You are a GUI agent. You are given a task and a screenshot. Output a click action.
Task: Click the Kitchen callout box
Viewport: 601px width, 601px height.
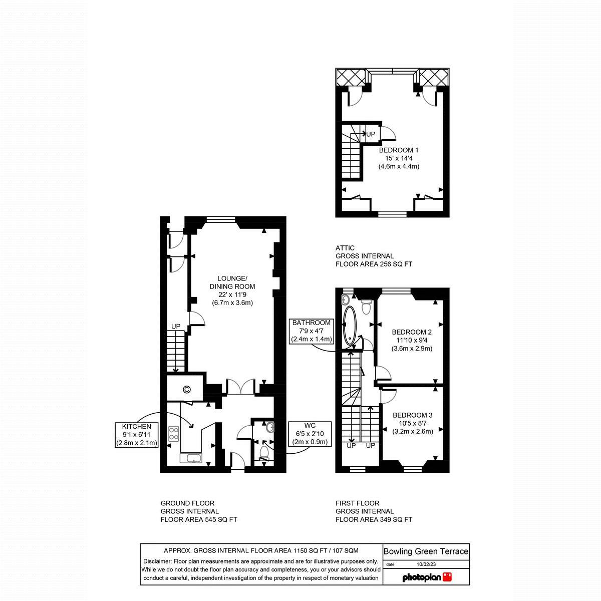(137, 435)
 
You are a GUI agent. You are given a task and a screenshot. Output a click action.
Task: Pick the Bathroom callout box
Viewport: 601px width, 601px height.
(312, 331)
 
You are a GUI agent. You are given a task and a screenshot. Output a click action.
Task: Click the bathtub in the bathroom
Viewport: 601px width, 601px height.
(350, 326)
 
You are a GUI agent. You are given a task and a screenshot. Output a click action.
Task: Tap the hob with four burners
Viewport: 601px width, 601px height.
(174, 433)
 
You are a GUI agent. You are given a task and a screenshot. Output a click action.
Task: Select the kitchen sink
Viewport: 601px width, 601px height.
(192, 458)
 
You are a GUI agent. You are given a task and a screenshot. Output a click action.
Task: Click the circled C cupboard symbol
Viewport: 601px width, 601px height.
(187, 389)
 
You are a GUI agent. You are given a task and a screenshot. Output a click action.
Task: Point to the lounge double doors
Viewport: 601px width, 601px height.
(241, 387)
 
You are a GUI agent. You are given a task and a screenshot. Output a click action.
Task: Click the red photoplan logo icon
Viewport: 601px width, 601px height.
(447, 577)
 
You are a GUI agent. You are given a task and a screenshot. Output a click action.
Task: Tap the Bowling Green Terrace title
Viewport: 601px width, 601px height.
(426, 551)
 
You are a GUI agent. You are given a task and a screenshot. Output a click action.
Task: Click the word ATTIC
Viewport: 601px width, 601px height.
(345, 248)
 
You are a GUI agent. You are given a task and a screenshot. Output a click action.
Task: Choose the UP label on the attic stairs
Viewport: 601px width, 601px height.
(371, 134)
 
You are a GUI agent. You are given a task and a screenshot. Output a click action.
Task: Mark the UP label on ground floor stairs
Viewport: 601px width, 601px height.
(176, 327)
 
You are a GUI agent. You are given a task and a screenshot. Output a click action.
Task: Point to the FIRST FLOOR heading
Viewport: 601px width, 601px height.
(357, 503)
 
